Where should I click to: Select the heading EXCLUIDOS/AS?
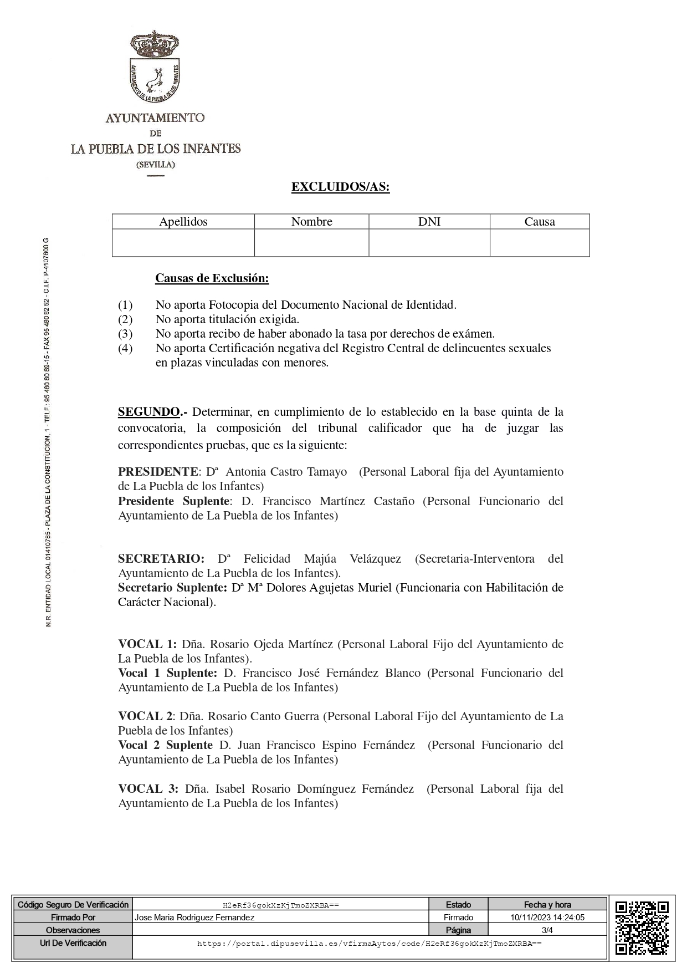click(340, 187)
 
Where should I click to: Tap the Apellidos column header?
click(183, 222)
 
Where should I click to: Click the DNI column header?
click(429, 222)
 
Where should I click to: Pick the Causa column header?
click(539, 222)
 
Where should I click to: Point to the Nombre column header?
click(311, 222)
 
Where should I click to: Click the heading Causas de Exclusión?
click(212, 278)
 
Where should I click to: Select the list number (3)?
click(125, 334)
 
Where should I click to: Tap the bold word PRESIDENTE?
click(158, 472)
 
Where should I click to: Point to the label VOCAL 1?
click(147, 644)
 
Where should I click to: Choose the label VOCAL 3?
click(148, 789)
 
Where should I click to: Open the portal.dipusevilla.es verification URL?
click(369, 943)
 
